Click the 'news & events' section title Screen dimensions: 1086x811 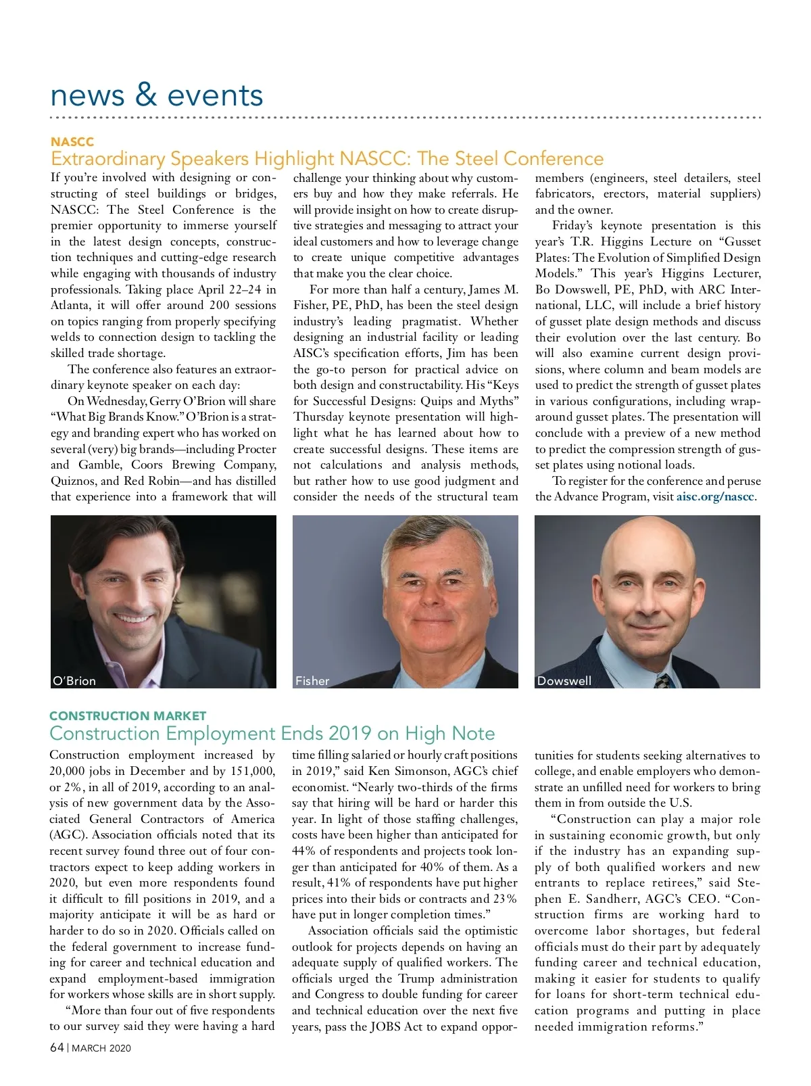156,95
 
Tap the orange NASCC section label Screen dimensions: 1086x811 72,142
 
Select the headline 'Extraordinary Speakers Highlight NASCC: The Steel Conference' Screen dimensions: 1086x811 327,159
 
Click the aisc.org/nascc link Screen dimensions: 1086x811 715,497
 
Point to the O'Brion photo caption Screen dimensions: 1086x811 74,681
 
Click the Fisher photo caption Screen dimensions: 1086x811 312,681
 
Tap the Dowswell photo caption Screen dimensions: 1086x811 564,681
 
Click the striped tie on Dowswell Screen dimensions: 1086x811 663,680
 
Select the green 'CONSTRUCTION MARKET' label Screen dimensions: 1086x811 128,716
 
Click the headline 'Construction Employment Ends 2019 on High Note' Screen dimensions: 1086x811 272,734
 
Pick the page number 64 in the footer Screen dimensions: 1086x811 57,1047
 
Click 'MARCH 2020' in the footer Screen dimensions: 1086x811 101,1048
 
